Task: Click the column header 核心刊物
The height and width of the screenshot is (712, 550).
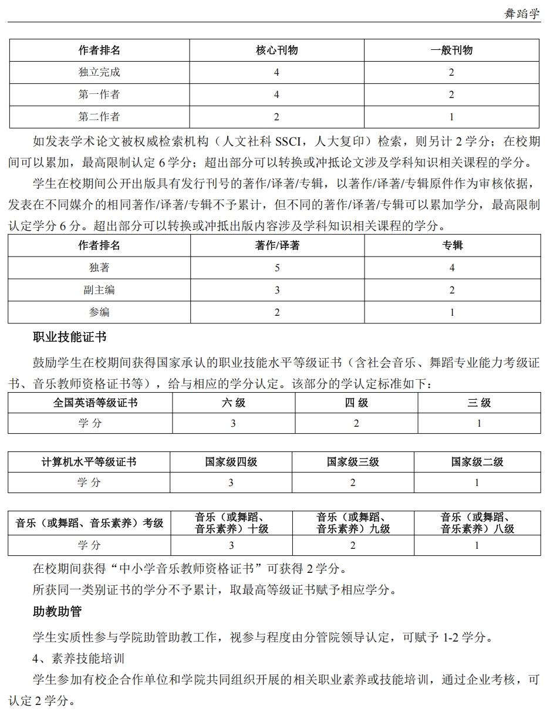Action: [x=276, y=50]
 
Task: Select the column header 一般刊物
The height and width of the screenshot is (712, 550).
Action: [x=451, y=50]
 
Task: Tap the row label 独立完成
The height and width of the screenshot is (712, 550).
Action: [x=99, y=73]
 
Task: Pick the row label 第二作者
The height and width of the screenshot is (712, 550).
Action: [x=99, y=117]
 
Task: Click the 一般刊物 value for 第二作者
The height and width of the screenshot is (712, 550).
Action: [x=451, y=117]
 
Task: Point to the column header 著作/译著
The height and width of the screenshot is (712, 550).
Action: [x=277, y=245]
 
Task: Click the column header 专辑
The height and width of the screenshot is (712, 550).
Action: [x=453, y=245]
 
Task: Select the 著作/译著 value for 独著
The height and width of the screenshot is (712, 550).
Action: [x=277, y=268]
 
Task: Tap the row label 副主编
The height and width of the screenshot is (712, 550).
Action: [x=99, y=290]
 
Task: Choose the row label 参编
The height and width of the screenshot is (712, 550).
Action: [x=99, y=312]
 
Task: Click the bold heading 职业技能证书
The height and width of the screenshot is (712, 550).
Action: [x=70, y=337]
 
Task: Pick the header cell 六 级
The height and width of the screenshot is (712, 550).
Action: [x=234, y=403]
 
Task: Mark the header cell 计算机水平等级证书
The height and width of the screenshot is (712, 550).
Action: [x=89, y=463]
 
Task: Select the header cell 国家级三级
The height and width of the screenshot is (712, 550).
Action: [x=353, y=463]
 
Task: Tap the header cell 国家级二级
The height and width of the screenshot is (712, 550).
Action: [x=477, y=463]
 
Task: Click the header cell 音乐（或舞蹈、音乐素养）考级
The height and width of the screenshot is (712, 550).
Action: [x=89, y=523]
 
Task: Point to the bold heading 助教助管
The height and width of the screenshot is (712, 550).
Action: [x=58, y=612]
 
